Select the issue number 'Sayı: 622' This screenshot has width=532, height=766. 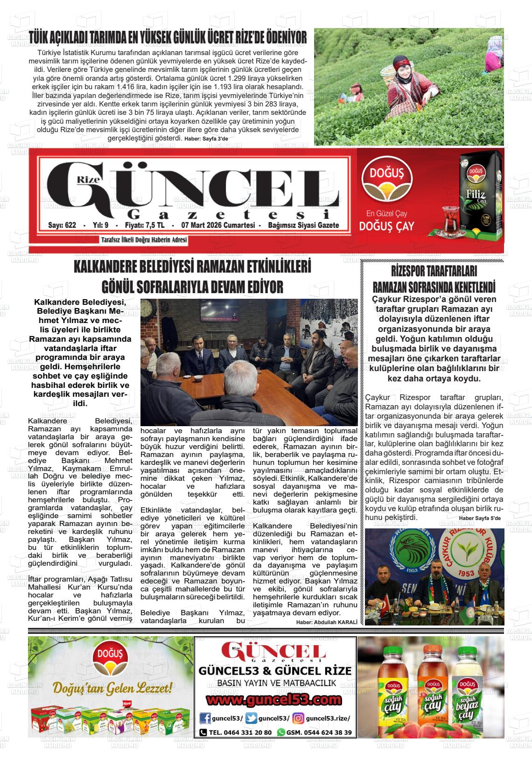pyautogui.click(x=62, y=225)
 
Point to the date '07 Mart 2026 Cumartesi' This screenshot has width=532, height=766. pyautogui.click(x=216, y=225)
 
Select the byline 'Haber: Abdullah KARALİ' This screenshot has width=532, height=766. pyautogui.click(x=327, y=622)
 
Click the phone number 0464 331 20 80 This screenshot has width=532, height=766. pyautogui.click(x=240, y=732)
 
